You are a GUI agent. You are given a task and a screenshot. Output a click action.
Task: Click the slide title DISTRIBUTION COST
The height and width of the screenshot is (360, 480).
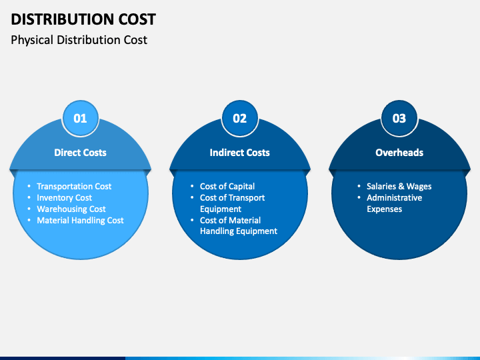pos(83,19)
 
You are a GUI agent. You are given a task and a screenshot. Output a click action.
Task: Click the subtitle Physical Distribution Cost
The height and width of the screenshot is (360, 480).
pos(79,40)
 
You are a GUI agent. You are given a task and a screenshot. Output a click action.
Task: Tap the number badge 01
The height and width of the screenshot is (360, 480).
pos(80,119)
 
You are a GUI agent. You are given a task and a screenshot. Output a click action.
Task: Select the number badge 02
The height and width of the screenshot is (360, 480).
pos(240,119)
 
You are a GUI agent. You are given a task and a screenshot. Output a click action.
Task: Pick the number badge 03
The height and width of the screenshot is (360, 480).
pos(399,119)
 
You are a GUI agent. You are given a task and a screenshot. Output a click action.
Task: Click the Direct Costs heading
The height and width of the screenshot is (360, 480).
pos(80,153)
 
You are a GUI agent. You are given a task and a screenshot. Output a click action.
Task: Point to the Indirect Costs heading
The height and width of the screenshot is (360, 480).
pos(240,153)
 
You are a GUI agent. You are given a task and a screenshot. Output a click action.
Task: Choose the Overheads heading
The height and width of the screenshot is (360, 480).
pos(399,153)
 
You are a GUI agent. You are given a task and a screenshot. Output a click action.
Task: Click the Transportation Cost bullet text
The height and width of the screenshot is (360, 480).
pos(74,187)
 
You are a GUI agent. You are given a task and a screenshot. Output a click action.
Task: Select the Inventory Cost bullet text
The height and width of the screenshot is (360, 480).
pos(64,198)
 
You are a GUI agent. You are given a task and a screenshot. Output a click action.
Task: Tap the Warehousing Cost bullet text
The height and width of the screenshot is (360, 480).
pos(71,209)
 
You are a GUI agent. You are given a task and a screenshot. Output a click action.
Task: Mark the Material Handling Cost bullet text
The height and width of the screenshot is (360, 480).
pos(80,221)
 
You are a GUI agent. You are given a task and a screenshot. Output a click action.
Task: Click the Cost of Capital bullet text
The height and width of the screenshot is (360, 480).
pos(227,187)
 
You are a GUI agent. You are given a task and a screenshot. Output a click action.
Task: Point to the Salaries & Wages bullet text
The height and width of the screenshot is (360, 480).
pos(399,187)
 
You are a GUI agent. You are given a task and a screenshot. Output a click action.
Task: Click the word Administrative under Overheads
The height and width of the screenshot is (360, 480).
pos(394,198)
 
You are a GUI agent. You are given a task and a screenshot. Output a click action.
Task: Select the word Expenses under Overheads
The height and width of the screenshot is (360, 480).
pos(385,209)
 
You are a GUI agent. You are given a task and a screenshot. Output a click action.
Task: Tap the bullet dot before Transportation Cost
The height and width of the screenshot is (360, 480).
pos(29,186)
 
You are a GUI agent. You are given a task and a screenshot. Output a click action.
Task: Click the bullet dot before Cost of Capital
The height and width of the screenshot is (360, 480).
pos(192,186)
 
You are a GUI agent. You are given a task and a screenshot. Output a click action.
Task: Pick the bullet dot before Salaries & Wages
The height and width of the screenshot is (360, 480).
pos(359,186)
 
